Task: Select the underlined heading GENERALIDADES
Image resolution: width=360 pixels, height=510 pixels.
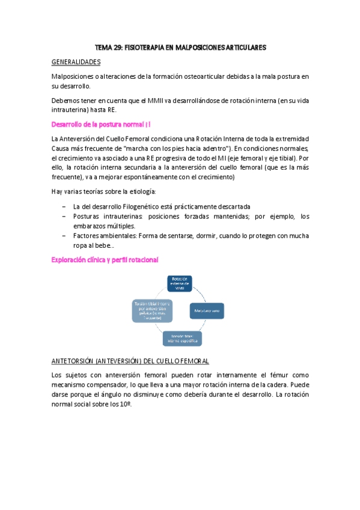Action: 76,62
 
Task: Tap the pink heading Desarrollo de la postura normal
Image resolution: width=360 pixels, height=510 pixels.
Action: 100,124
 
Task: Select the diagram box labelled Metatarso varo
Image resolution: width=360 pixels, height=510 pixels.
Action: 206,310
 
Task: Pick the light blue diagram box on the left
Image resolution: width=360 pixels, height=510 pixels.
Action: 153,310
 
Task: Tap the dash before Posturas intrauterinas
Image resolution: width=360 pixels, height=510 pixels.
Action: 65,216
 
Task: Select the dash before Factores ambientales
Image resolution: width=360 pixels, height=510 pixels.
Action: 65,235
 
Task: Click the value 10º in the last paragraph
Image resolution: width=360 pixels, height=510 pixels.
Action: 124,405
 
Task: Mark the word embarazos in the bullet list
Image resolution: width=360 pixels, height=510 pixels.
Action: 90,226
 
